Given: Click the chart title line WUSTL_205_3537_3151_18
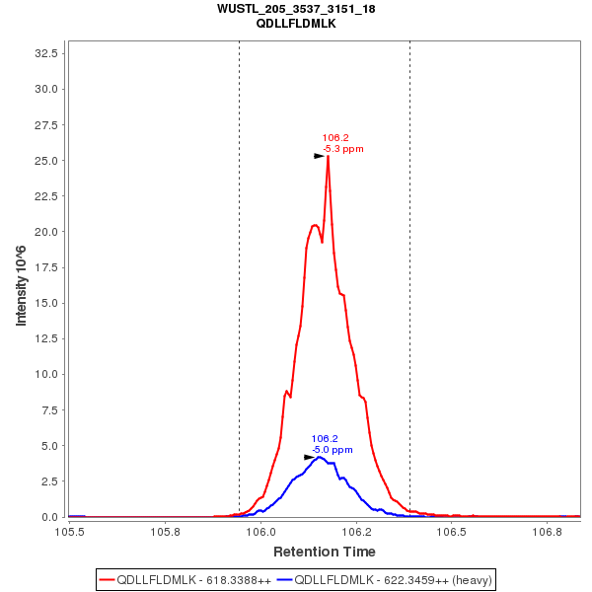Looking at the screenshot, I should (x=295, y=9).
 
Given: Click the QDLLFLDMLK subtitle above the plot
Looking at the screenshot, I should (x=295, y=24).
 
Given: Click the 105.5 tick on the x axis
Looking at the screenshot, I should (x=69, y=531).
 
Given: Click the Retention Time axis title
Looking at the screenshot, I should (x=324, y=551).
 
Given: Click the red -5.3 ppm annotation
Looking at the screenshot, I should (x=343, y=149).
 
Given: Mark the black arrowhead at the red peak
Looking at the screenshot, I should (x=319, y=156).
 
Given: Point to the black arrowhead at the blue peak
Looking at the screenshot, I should (x=309, y=457).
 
